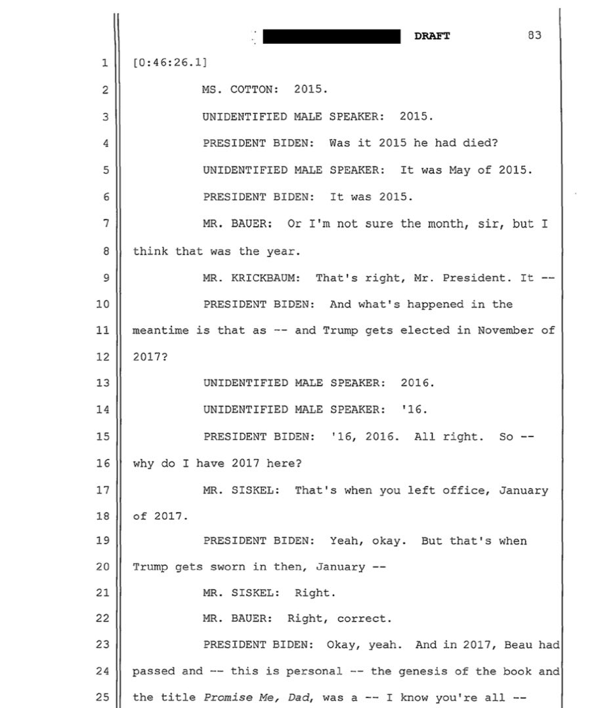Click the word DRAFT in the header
(x=432, y=36)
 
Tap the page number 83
(x=534, y=35)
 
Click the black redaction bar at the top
(x=331, y=36)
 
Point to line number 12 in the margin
(x=102, y=357)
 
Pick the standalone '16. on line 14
(x=414, y=410)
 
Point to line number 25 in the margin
(x=102, y=698)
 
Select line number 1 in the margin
(x=104, y=64)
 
